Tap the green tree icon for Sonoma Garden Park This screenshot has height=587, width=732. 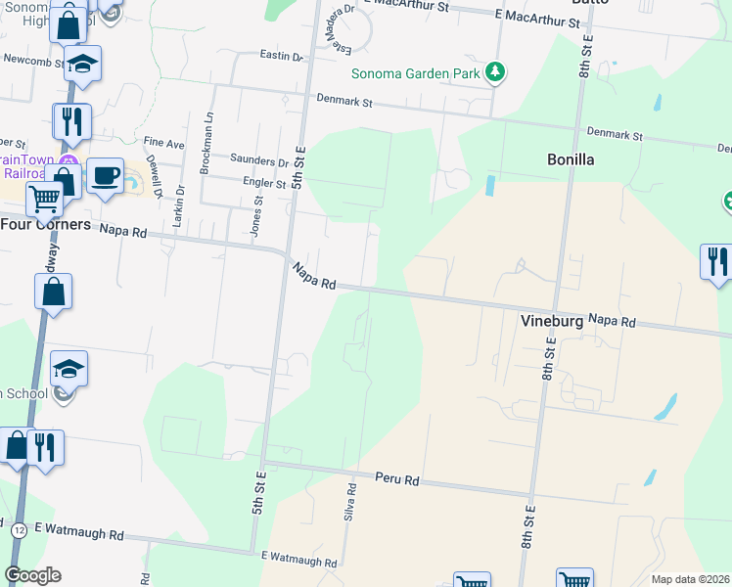coord(496,71)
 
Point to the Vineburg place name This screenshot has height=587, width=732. coord(552,320)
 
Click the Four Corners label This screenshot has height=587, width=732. coord(46,225)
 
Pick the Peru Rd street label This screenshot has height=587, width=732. coord(397,479)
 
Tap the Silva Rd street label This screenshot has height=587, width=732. coord(348,501)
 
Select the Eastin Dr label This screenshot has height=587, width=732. coord(282,57)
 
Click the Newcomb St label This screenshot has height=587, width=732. coord(32,59)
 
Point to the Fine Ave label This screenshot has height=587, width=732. coord(163,144)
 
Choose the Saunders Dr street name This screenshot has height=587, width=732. coord(258,161)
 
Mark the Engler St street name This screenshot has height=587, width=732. coord(264,183)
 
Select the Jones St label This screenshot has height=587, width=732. coord(258,215)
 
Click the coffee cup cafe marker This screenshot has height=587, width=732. coord(106,176)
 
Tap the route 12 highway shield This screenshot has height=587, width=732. coord(19,529)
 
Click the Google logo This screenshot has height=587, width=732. coord(33,575)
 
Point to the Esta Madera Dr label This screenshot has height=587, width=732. coord(339,34)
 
